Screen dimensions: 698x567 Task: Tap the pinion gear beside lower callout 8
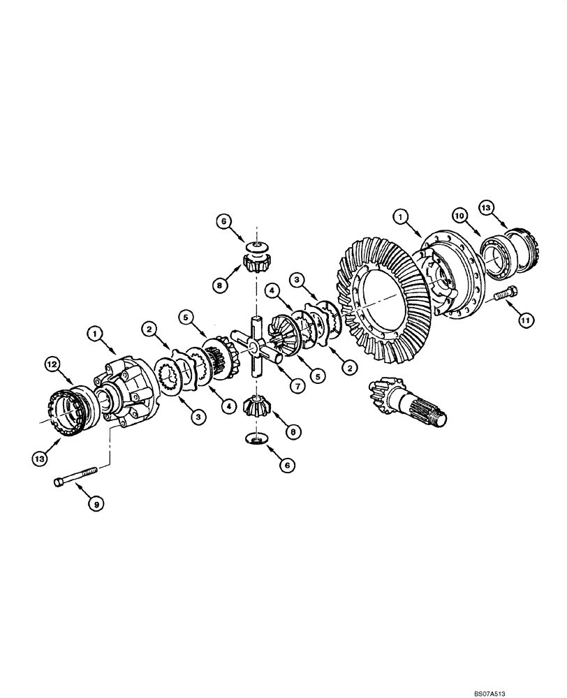point(256,407)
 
